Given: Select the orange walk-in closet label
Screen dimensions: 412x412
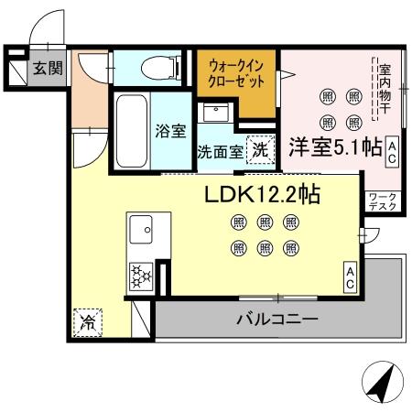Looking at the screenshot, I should (237, 74).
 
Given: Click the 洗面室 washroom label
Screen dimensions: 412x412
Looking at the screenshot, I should (220, 152).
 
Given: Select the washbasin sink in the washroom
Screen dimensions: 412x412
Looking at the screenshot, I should (216, 114).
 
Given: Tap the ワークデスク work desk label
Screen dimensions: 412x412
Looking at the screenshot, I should (382, 201).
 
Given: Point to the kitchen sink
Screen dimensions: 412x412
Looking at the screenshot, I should (142, 229).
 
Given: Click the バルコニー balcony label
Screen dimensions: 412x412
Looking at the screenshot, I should (277, 320).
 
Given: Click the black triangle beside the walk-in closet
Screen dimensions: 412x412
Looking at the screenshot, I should (283, 76).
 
